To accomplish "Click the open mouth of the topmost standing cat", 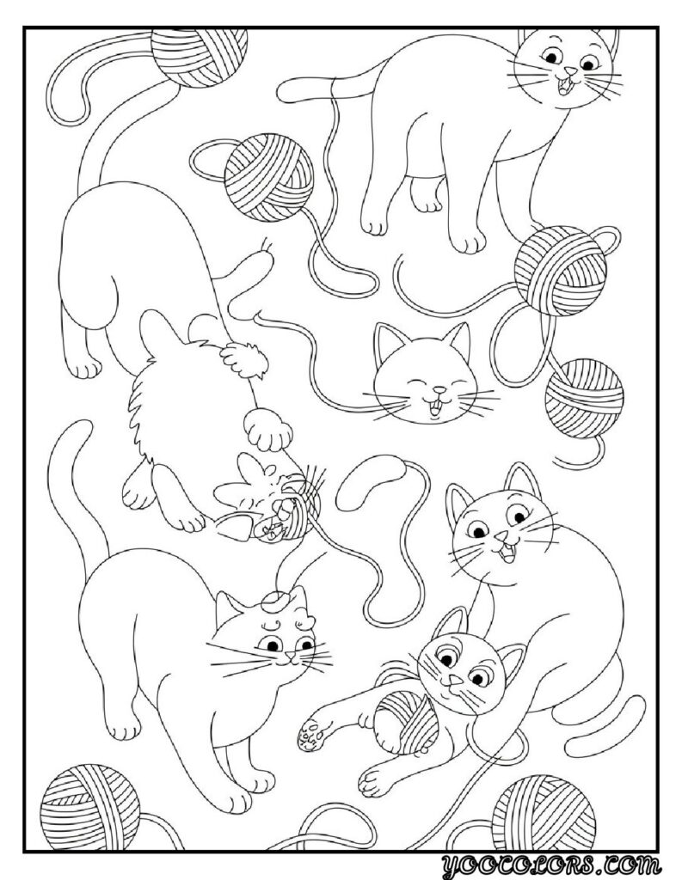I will [x=564, y=86].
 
